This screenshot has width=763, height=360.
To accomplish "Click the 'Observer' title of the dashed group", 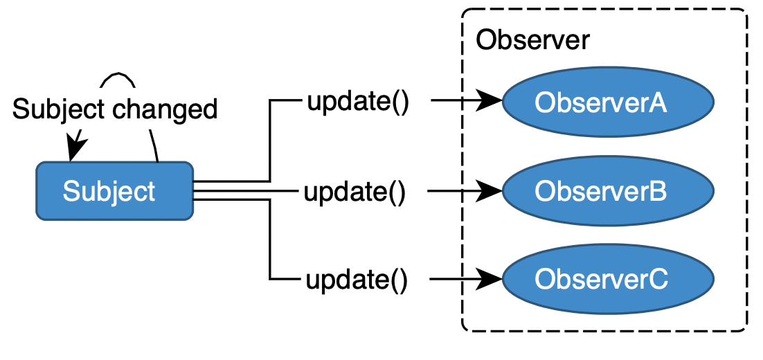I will [532, 40].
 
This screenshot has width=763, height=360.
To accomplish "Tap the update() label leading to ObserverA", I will [358, 102].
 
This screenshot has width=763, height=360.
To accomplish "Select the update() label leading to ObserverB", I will [354, 191].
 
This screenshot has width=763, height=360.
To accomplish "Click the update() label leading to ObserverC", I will [356, 280].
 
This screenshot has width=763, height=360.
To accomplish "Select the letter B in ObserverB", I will [657, 191].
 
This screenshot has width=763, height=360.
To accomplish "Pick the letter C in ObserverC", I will [658, 280].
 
